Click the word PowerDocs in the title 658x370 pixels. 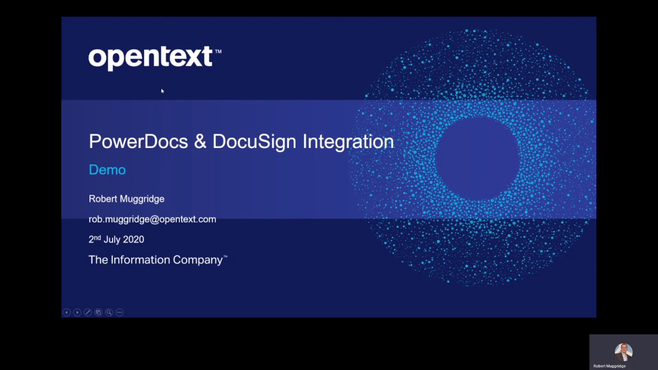[x=138, y=142]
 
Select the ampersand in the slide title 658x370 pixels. [x=200, y=142]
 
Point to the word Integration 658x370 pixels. [x=348, y=142]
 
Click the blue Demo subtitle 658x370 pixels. [x=107, y=170]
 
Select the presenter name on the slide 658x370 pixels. [x=126, y=199]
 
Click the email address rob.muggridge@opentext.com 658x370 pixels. [x=152, y=219]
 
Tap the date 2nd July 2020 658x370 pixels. [x=116, y=239]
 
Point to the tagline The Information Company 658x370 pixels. [x=157, y=260]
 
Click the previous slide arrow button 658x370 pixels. [x=66, y=312]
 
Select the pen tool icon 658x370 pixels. [x=88, y=312]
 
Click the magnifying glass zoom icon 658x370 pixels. [x=109, y=312]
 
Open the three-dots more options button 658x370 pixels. [x=120, y=312]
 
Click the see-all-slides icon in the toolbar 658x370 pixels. [x=98, y=312]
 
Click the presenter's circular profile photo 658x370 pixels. [x=624, y=352]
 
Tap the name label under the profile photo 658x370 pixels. [x=610, y=366]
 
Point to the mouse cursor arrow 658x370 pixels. [x=162, y=91]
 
